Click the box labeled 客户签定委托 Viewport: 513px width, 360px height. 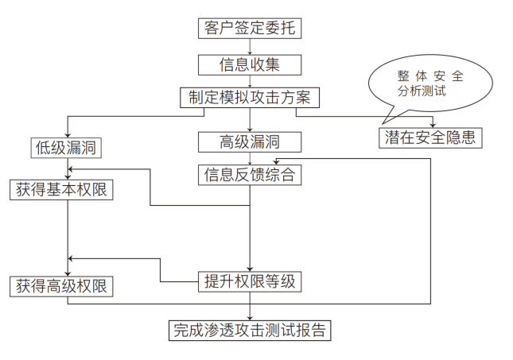click(x=251, y=27)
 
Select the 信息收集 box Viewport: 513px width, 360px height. click(x=251, y=63)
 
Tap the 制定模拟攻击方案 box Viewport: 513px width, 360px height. click(x=251, y=97)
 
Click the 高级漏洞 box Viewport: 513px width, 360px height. click(x=251, y=141)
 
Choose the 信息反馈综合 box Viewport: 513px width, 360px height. click(x=251, y=174)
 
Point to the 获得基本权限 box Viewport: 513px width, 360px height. click(x=60, y=190)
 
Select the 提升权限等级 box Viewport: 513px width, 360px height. click(x=251, y=281)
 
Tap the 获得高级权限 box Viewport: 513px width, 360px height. click(x=60, y=286)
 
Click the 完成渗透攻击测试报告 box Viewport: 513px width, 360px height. click(x=251, y=330)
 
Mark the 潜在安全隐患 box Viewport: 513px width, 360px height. click(x=430, y=137)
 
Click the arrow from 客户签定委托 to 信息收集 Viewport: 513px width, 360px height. click(x=251, y=45)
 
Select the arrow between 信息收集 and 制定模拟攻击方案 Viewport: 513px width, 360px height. click(x=251, y=80)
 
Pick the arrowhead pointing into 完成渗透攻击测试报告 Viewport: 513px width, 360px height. click(x=251, y=316)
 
